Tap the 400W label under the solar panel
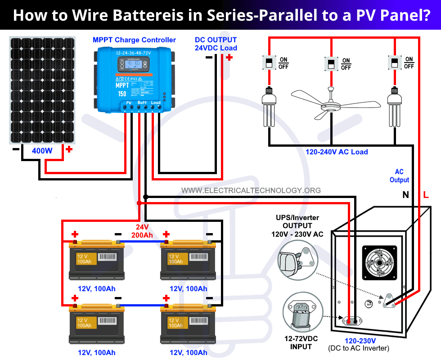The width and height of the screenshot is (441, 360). point(42,151)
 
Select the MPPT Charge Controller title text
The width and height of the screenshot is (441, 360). point(134,40)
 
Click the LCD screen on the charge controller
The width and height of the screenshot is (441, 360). point(134,66)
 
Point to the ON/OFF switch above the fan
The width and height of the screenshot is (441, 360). point(331,63)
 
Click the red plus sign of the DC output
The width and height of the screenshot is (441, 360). point(229,57)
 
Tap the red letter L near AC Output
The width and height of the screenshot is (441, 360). point(426,195)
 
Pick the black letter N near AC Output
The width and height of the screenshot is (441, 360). point(405,195)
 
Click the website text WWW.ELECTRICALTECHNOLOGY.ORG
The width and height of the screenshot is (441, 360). point(251,190)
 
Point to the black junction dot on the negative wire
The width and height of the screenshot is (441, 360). point(145,197)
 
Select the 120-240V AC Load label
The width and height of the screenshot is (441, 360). point(337,152)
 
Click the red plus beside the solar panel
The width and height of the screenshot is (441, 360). point(69,149)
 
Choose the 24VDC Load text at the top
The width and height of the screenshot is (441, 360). point(216,48)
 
